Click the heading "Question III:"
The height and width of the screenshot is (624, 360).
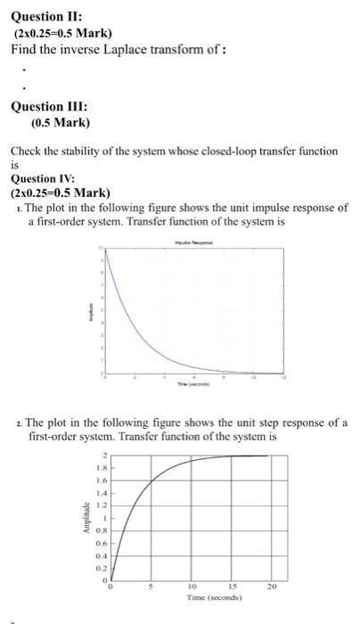[x=48, y=106]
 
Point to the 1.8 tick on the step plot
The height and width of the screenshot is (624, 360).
[x=102, y=468]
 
